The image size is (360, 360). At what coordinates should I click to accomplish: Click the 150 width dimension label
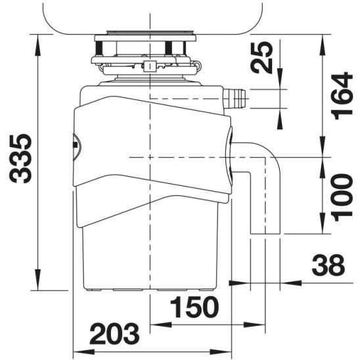coord(194,307)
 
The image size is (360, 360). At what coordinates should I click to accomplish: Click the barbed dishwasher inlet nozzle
coord(233,99)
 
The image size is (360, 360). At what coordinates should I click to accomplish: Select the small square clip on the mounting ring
coord(150,65)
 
